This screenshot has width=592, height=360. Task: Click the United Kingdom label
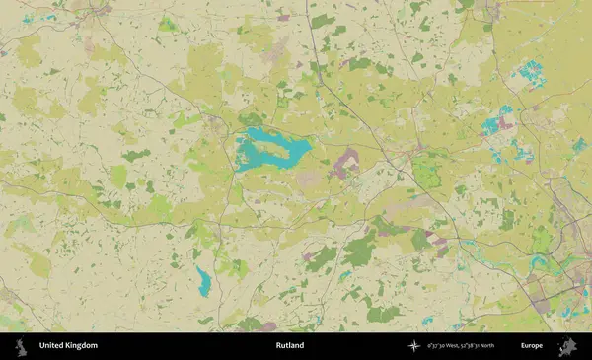pyautogui.click(x=68, y=346)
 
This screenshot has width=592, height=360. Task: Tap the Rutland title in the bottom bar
pyautogui.click(x=290, y=346)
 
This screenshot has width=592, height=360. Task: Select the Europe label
pyautogui.click(x=532, y=346)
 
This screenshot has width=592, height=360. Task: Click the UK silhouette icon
pyautogui.click(x=20, y=345)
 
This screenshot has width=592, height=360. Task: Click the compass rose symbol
pyautogui.click(x=413, y=346)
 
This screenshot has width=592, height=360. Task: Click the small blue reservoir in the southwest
pyautogui.click(x=204, y=282)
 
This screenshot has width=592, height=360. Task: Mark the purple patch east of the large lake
pyautogui.click(x=345, y=164)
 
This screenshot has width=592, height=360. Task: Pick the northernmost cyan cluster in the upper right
pyautogui.click(x=532, y=71)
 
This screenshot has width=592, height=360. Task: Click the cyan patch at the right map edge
pyautogui.click(x=579, y=144)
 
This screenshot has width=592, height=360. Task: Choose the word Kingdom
pyautogui.click(x=82, y=346)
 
